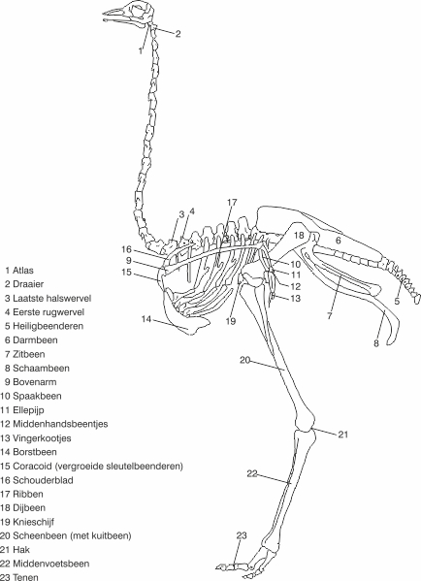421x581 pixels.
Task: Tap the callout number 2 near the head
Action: [178, 34]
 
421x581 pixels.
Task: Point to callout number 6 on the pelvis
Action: [338, 241]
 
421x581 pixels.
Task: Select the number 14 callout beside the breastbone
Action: [146, 319]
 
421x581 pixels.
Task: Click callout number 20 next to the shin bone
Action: [245, 360]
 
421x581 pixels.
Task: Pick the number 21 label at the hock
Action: [343, 434]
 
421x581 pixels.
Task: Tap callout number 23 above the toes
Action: [242, 535]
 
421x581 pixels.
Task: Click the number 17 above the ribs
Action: [232, 203]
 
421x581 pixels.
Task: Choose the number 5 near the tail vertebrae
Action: [397, 301]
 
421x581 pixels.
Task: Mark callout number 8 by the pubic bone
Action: [376, 343]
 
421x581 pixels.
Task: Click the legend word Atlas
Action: [23, 270]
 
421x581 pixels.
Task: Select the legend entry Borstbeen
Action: [35, 452]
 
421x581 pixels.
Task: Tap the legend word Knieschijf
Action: [33, 522]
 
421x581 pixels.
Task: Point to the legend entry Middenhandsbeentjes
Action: [60, 424]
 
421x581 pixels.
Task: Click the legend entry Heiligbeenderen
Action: [49, 326]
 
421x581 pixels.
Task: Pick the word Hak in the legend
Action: [21, 550]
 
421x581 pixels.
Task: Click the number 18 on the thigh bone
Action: [299, 236]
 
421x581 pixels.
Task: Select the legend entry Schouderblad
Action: [43, 480]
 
